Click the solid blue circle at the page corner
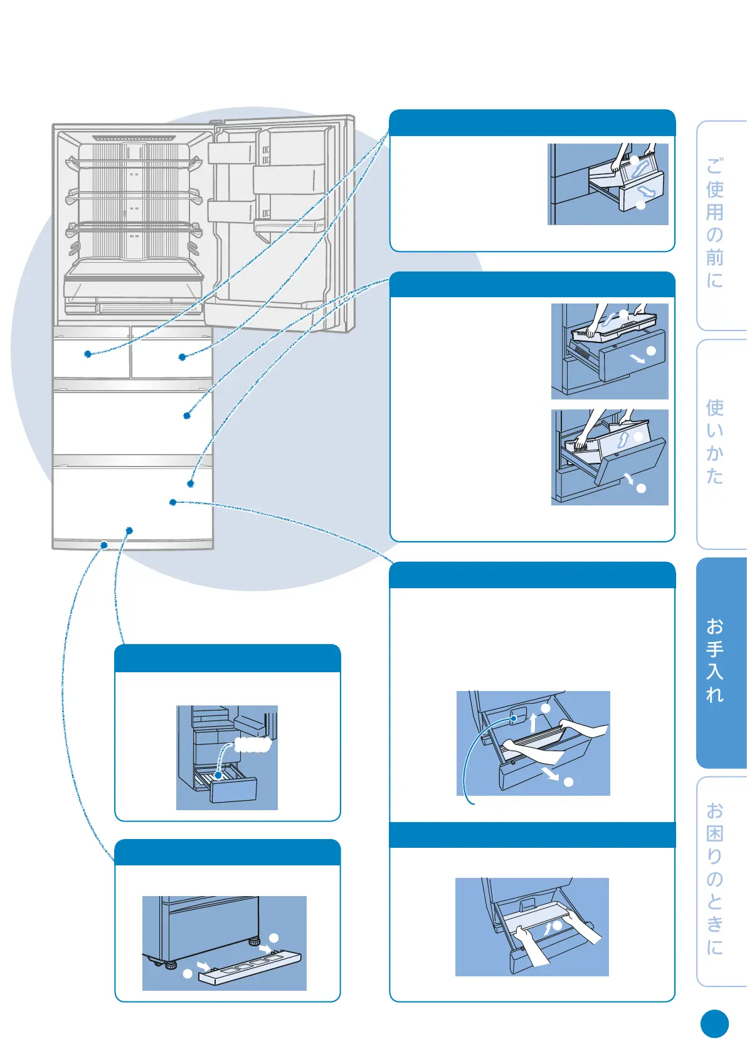tap(714, 1024)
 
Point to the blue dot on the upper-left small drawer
tap(88, 354)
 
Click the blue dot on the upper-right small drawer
tap(182, 357)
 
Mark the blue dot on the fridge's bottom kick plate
tap(104, 545)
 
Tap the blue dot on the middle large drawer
tap(187, 415)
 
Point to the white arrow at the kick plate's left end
tap(202, 964)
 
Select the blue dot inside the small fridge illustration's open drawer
tap(218, 775)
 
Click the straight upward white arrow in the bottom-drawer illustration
tap(532, 722)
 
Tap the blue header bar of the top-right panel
tap(532, 123)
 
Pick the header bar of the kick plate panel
tap(227, 852)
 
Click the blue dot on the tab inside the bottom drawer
tap(514, 718)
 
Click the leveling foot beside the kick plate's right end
tap(254, 941)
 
